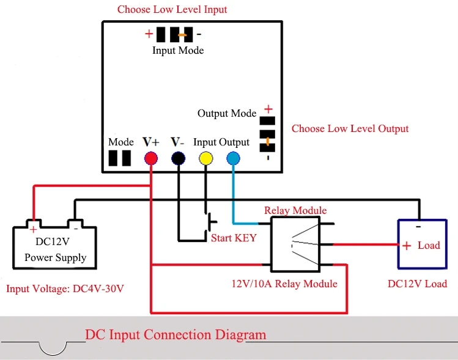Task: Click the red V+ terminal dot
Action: coord(151,159)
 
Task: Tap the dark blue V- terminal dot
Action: coord(178,159)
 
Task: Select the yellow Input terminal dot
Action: coord(205,159)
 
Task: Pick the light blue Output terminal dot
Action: coord(233,159)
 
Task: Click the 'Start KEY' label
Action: coord(234,238)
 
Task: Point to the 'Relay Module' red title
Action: coord(295,210)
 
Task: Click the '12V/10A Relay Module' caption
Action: coord(284,284)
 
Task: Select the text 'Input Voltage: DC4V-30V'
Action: coord(65,288)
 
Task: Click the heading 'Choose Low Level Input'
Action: coord(172,10)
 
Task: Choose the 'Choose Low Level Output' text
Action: coord(350,129)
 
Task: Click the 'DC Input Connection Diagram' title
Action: coord(175,334)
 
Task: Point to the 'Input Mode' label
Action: coord(178,50)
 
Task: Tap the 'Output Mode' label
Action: coord(227,114)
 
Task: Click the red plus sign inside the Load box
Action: coord(406,246)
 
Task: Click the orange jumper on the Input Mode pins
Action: coord(182,34)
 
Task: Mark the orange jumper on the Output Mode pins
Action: coord(267,142)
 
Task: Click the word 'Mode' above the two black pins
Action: coord(121,142)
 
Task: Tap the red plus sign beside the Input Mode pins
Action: coord(149,34)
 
